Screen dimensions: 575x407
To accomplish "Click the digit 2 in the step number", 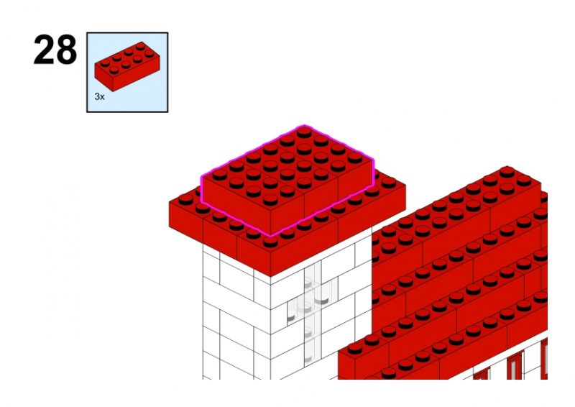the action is (44, 50).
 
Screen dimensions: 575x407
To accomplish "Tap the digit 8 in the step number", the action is (66, 50).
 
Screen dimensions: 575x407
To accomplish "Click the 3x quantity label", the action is (99, 96).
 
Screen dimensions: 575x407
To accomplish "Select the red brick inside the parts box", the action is (125, 66).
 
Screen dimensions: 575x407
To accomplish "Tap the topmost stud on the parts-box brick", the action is (139, 46).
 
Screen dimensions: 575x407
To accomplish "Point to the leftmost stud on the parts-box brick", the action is (105, 63).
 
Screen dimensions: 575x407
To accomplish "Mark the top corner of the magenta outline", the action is (304, 125).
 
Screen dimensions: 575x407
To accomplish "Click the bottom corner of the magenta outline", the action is (271, 236).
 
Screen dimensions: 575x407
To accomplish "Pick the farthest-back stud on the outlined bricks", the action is (304, 131).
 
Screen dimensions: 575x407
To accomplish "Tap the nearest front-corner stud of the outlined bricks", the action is (270, 199).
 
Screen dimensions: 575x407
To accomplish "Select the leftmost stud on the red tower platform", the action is (185, 199).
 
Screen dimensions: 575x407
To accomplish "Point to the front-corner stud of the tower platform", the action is (270, 242).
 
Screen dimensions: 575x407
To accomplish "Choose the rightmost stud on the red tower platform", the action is (389, 182).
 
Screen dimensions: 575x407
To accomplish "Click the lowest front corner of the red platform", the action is (271, 276).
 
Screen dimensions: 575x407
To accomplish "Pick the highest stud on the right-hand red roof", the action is (507, 171).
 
